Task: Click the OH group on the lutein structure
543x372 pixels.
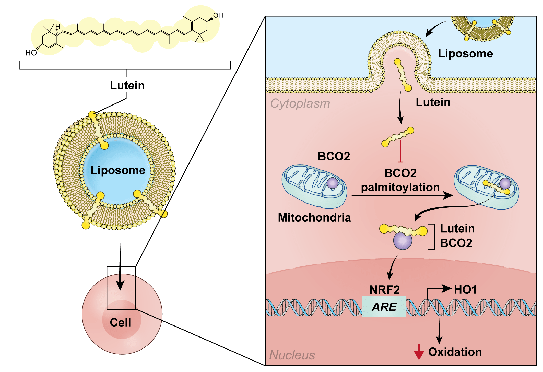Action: (x=218, y=15)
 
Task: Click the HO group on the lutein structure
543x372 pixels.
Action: (x=31, y=53)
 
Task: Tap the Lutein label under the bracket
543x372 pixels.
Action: (x=127, y=85)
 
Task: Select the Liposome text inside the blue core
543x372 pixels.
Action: (x=118, y=170)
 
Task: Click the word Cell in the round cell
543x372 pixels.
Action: (x=120, y=322)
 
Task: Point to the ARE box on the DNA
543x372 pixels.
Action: (x=384, y=307)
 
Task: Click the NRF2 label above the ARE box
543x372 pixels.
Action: (x=384, y=290)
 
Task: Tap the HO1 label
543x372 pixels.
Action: (x=465, y=290)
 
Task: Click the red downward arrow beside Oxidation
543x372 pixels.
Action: (x=419, y=353)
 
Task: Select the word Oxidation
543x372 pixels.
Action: (x=455, y=352)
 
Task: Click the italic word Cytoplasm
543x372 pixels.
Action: (x=300, y=104)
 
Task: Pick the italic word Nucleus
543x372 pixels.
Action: (x=292, y=355)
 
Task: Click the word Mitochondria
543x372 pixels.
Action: (x=314, y=218)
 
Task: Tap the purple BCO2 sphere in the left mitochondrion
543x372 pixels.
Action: (x=333, y=183)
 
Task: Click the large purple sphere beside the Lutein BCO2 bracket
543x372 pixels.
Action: (x=403, y=241)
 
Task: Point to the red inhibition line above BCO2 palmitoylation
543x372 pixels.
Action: (x=400, y=151)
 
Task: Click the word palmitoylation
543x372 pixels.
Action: (x=400, y=187)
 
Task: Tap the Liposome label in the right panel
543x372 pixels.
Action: (x=465, y=54)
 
